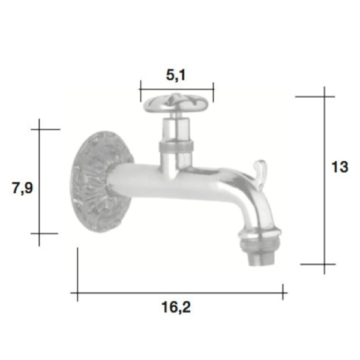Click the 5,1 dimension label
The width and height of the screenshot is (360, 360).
coord(176,75)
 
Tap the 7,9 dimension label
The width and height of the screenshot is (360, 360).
coord(22,188)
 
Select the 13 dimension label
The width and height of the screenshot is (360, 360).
coord(340,167)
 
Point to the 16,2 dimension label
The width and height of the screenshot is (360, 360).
coord(176,307)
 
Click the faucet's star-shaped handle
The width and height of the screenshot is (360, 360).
coord(176,104)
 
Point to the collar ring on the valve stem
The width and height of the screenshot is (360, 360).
coord(176,147)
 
